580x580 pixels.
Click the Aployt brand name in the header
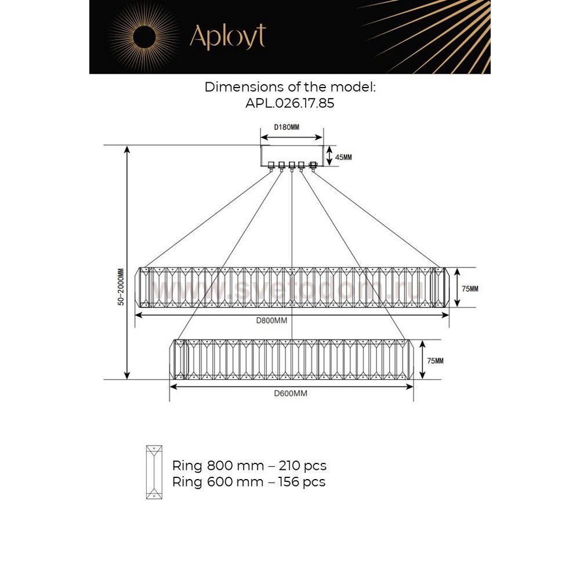[x=227, y=37]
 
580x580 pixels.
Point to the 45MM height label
[x=343, y=157]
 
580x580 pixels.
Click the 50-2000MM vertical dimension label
[x=120, y=287]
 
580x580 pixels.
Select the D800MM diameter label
[x=273, y=321]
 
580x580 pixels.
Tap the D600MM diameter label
[x=290, y=393]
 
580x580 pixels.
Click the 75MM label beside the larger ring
[x=470, y=288]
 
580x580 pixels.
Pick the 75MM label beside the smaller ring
[x=435, y=361]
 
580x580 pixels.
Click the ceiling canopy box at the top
[x=291, y=155]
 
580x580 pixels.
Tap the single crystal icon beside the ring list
[x=154, y=472]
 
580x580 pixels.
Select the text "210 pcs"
[x=303, y=466]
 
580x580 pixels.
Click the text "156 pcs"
[x=302, y=482]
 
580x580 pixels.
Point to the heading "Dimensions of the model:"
[x=290, y=87]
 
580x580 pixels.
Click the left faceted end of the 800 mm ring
[x=142, y=287]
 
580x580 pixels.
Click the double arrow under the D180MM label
[x=291, y=137]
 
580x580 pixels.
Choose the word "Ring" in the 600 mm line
[x=187, y=482]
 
